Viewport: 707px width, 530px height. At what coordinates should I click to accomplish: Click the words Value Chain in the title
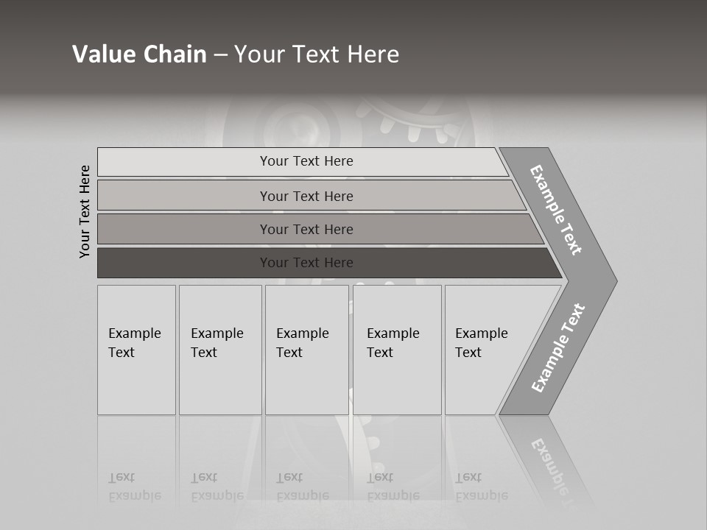click(x=139, y=54)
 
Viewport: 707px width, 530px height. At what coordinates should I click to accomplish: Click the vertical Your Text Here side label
click(x=85, y=211)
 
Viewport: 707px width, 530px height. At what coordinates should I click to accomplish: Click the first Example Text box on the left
click(x=136, y=350)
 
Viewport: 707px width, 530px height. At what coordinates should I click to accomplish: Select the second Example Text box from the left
click(x=220, y=350)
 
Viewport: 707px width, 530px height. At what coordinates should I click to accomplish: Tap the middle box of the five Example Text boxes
click(x=306, y=350)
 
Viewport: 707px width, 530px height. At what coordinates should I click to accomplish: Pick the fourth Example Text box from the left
click(x=397, y=350)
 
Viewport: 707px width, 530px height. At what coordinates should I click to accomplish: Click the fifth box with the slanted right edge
click(x=486, y=350)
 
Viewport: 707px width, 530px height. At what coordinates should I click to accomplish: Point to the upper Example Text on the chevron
click(x=556, y=209)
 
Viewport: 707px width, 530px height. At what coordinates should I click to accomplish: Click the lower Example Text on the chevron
click(x=558, y=347)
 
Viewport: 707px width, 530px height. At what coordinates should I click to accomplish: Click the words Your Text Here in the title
click(x=317, y=54)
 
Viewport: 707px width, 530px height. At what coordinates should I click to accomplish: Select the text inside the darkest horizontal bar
click(x=306, y=263)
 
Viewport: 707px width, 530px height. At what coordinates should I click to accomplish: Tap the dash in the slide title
click(x=220, y=54)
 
